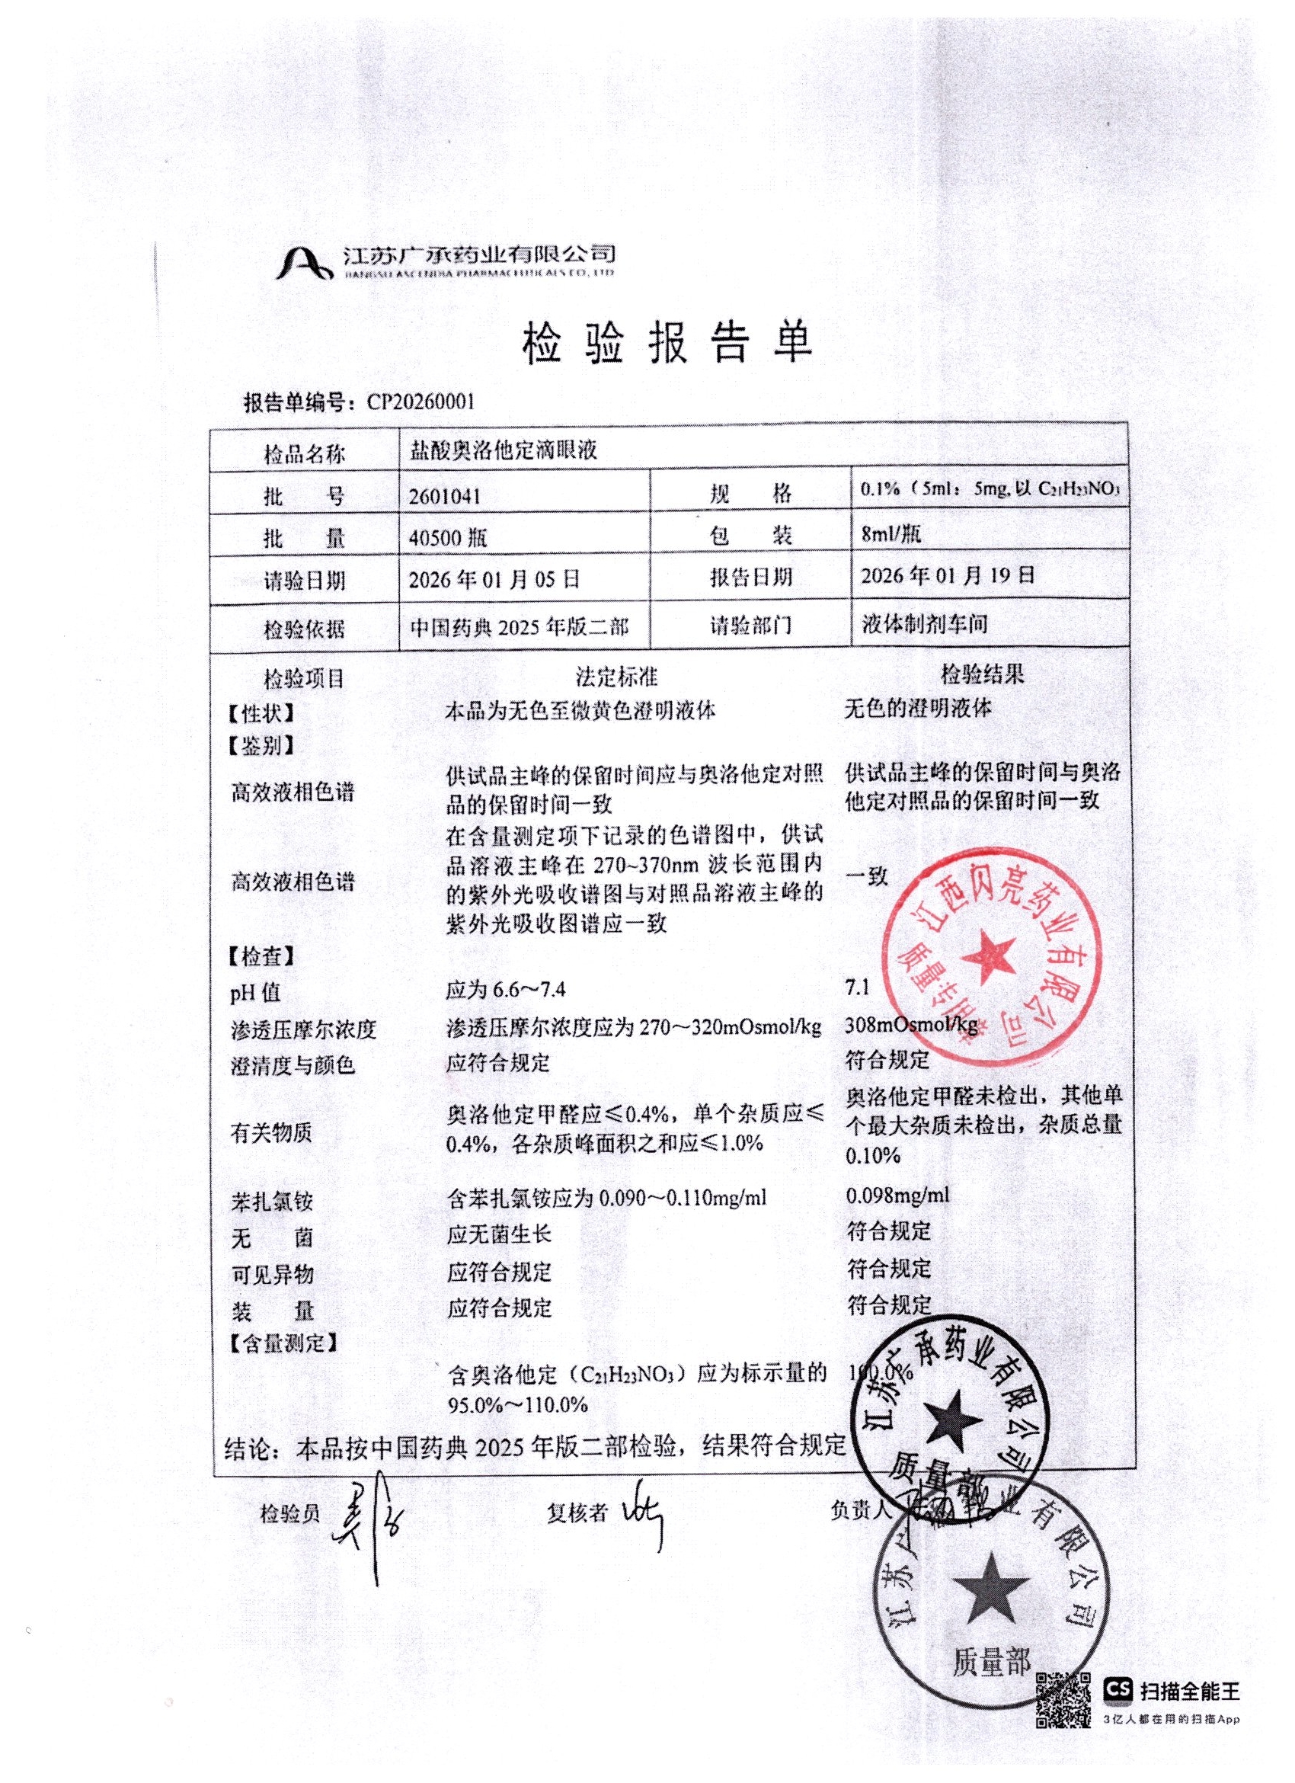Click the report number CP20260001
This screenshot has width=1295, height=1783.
[421, 403]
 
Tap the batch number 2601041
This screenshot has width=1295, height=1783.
[445, 496]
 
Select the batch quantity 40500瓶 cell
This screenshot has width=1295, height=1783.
[448, 538]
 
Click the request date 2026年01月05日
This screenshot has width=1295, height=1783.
[494, 580]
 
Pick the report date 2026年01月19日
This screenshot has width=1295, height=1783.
[947, 575]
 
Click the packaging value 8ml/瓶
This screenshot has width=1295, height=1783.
[891, 535]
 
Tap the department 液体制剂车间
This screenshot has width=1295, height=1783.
[924, 625]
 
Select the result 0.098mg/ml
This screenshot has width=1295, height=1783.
[897, 1196]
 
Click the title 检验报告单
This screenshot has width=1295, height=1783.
[667, 344]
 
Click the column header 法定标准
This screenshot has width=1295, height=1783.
[617, 676]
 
